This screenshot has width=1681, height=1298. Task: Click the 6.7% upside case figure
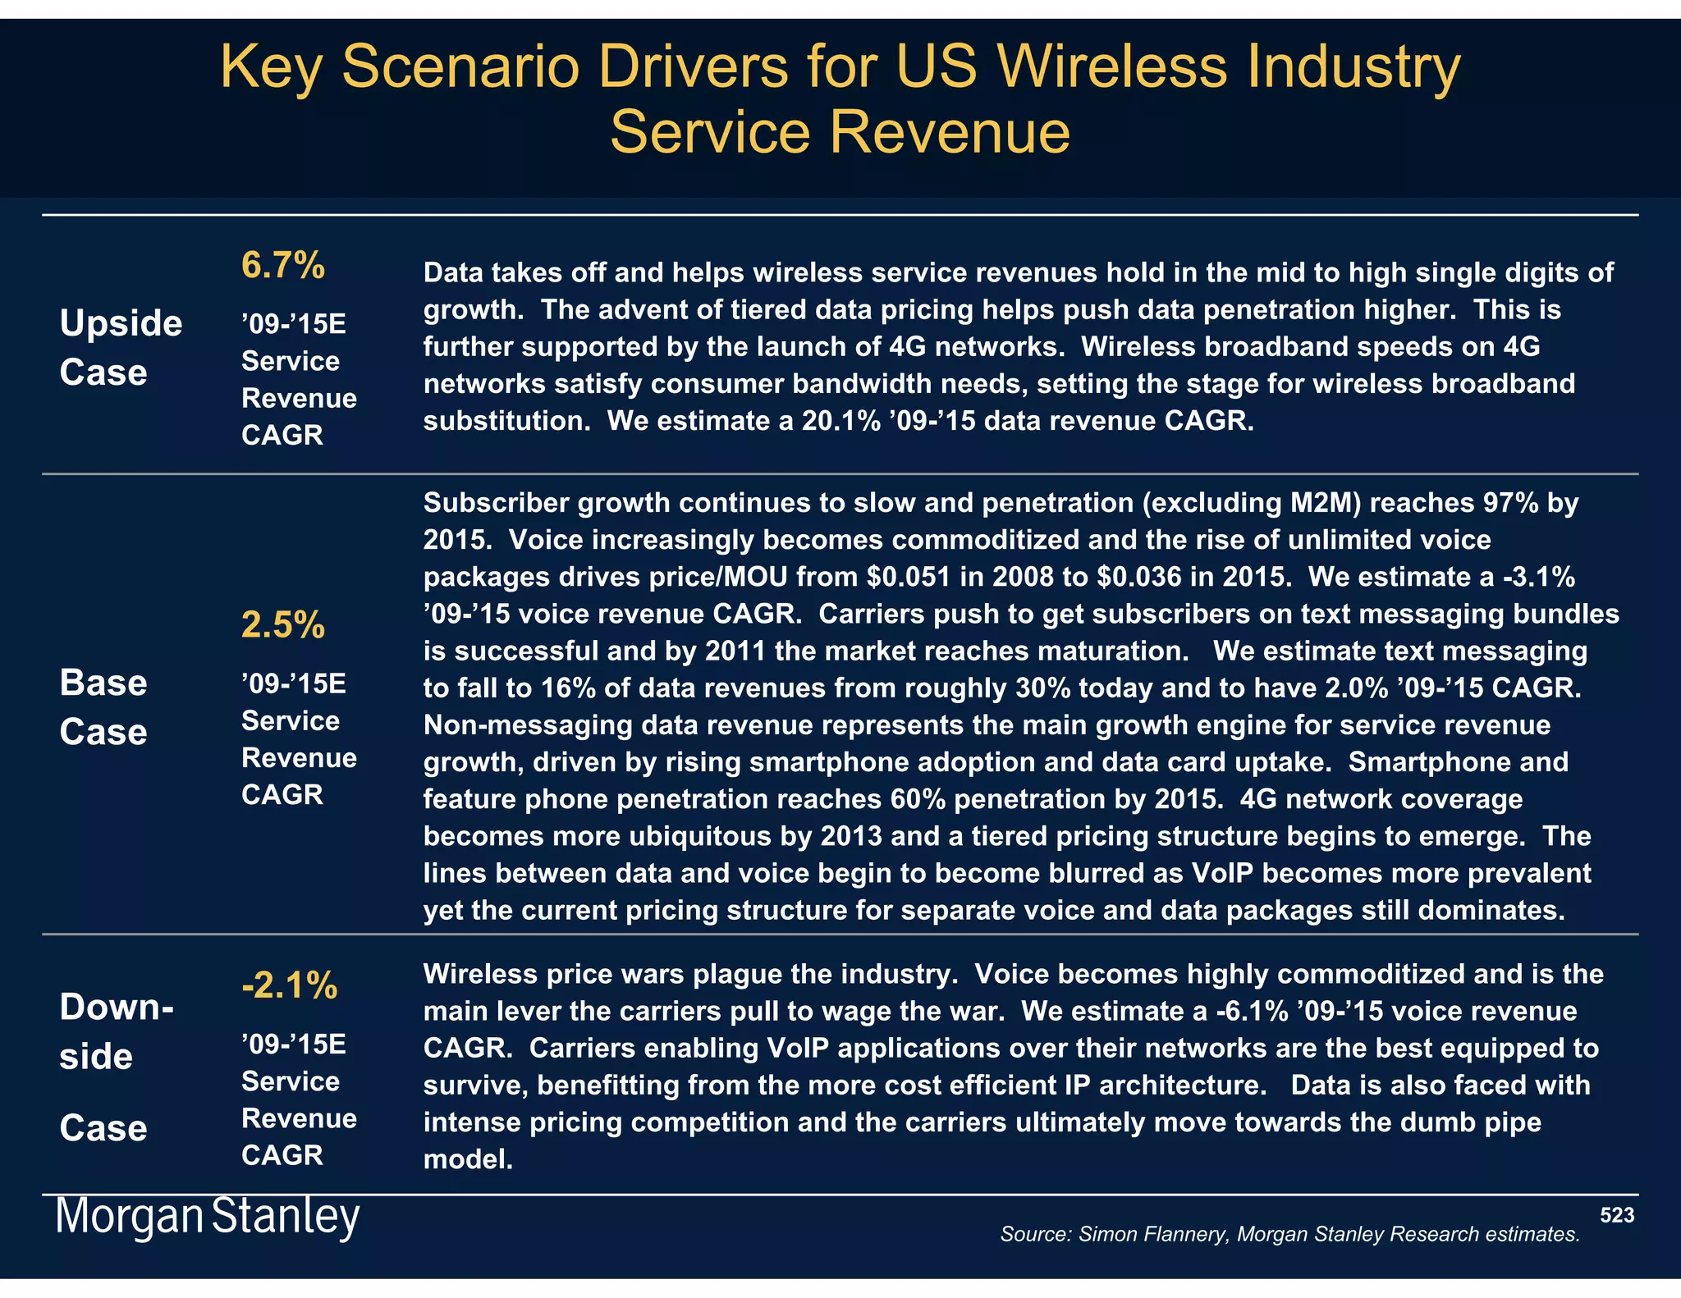pyautogui.click(x=282, y=266)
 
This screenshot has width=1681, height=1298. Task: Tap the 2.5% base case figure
pyautogui.click(x=282, y=626)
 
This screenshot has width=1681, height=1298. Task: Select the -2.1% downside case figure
pyautogui.click(x=289, y=985)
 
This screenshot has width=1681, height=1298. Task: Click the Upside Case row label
pyautogui.click(x=120, y=348)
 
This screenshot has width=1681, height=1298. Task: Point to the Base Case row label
pyautogui.click(x=103, y=707)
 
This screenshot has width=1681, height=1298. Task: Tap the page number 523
pyautogui.click(x=1616, y=1215)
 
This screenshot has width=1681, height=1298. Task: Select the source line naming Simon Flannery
pyautogui.click(x=1289, y=1234)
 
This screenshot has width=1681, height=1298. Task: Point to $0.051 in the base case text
pyautogui.click(x=909, y=577)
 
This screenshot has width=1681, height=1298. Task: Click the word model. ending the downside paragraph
pyautogui.click(x=468, y=1159)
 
